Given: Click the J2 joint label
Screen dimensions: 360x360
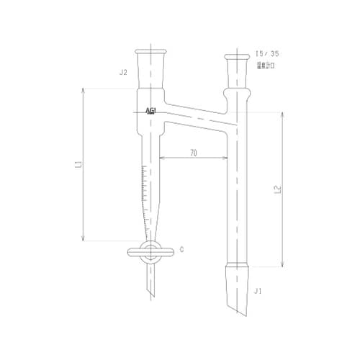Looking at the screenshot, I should coord(123,72).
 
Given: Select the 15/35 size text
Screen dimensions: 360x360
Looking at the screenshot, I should coord(265,55).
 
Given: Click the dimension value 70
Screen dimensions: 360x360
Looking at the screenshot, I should coord(194,153).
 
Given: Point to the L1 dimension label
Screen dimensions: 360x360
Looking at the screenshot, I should coord(77,166).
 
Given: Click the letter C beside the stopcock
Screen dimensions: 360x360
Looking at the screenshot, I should coord(182,250).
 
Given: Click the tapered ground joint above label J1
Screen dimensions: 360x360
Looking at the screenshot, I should coord(238,277).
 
